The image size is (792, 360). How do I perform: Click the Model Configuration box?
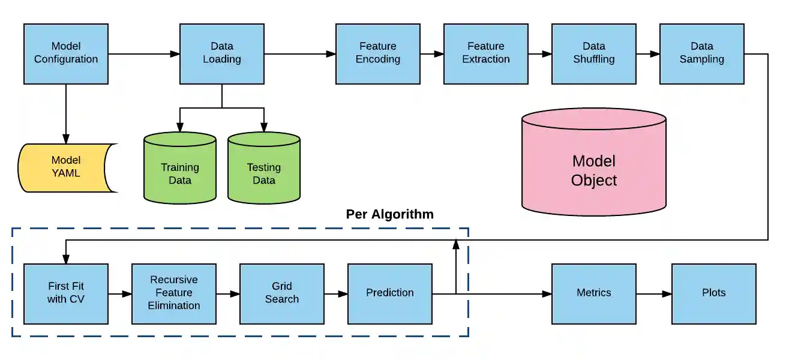[66, 53]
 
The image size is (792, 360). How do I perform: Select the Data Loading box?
[222, 53]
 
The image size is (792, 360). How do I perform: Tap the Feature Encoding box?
[378, 53]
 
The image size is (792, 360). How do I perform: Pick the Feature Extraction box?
[486, 53]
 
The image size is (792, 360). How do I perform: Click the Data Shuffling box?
[594, 53]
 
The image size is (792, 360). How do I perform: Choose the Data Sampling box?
[702, 53]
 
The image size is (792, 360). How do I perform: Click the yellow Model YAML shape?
[66, 167]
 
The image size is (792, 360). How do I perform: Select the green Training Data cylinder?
[180, 171]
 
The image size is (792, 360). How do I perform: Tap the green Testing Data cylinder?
[264, 171]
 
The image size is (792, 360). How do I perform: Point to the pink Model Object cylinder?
[594, 168]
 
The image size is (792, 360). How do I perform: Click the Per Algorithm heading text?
[389, 214]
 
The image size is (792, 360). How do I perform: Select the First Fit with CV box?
[66, 293]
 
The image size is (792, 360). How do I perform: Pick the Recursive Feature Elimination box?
[174, 293]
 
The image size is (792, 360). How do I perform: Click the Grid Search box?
[282, 293]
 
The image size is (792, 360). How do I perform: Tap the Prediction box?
[390, 293]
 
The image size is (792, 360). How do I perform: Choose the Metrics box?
[594, 293]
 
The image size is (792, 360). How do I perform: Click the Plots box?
[714, 293]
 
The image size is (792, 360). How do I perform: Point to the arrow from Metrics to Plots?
[654, 294]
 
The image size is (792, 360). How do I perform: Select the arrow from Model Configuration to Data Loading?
[144, 54]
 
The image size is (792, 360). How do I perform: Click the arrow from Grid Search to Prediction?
[336, 294]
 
